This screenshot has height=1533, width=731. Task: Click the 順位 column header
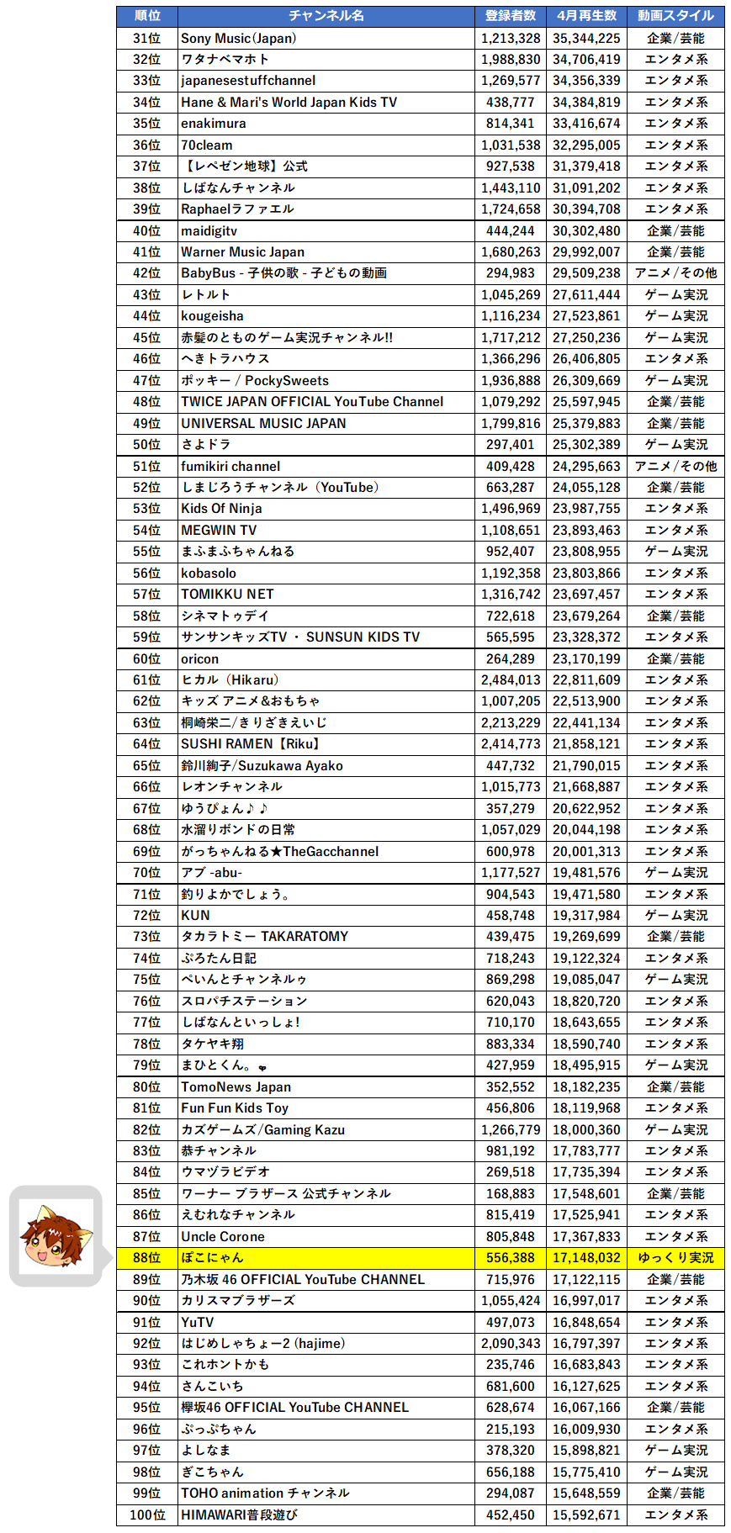(147, 16)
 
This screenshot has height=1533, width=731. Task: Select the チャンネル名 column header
(326, 16)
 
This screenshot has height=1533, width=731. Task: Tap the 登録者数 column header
(511, 16)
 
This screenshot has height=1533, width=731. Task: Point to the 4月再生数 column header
(586, 16)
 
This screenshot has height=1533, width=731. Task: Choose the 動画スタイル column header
(675, 16)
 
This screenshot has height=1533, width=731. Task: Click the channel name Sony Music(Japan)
(239, 38)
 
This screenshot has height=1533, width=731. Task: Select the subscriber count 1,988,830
(511, 59)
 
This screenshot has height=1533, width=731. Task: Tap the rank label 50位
(147, 444)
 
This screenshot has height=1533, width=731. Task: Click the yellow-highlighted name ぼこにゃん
(212, 1257)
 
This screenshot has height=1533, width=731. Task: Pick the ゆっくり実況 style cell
(675, 1257)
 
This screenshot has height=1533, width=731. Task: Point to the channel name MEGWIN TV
(219, 530)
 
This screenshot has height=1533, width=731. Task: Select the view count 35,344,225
(586, 38)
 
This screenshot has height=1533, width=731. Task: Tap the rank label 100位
(147, 1514)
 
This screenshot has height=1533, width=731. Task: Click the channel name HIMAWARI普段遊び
(239, 1514)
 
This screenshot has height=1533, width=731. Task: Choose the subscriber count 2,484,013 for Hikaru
(511, 679)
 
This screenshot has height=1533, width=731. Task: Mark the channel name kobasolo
(209, 573)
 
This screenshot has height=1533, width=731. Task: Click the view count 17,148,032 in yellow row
(586, 1257)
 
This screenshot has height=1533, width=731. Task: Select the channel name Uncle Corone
(223, 1236)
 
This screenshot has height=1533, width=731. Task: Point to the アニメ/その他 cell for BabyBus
(675, 272)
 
